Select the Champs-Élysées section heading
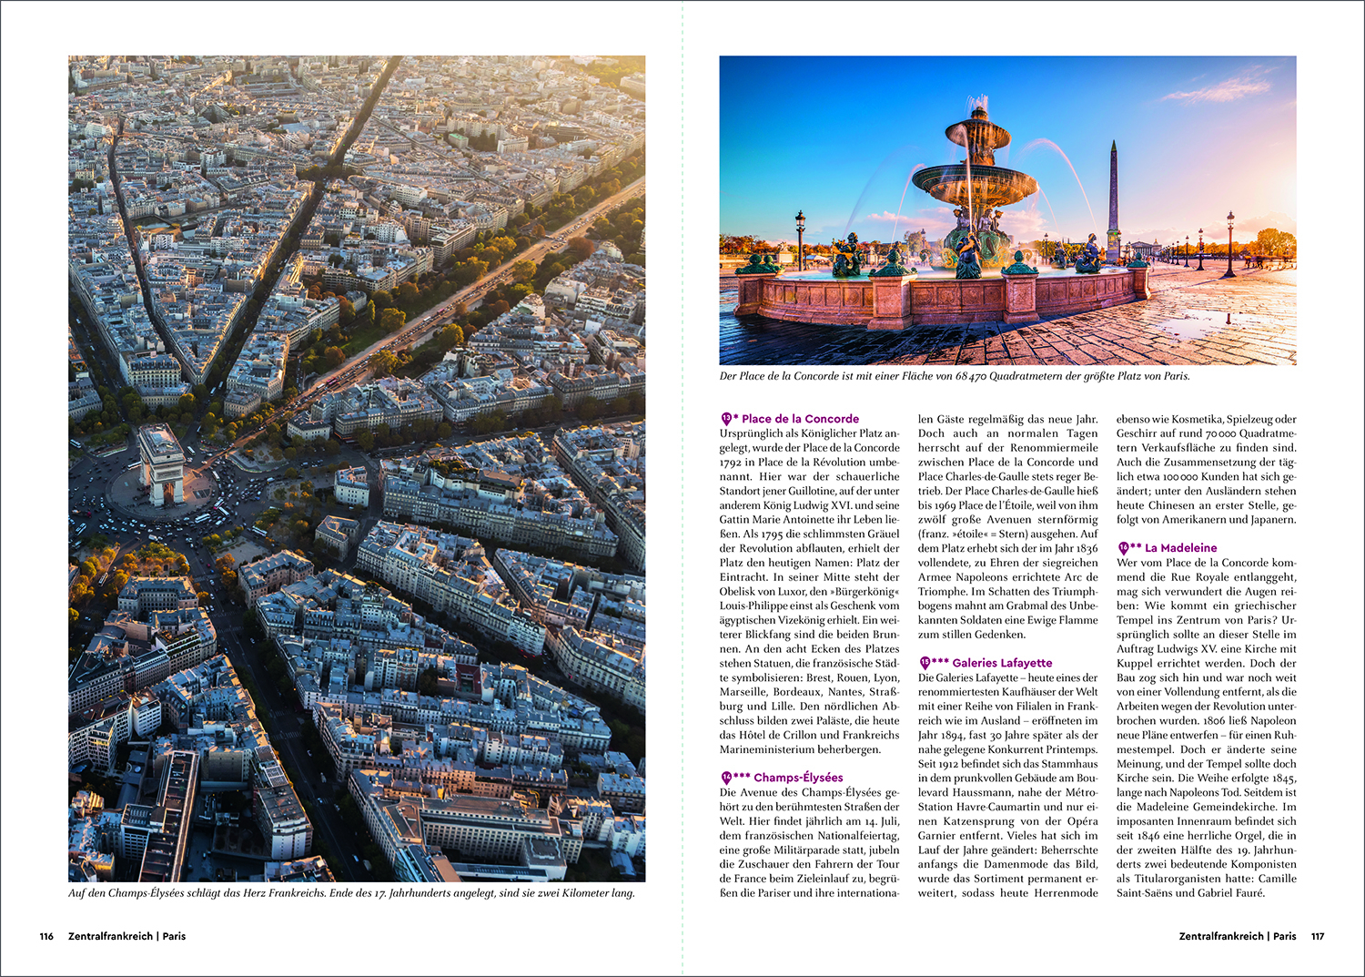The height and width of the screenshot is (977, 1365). click(798, 778)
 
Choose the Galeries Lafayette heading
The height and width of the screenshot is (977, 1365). click(1002, 663)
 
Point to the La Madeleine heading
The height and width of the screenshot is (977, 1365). click(1180, 548)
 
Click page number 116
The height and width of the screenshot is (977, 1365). click(46, 936)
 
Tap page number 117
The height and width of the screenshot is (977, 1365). click(1318, 936)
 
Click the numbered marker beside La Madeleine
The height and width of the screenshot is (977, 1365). click(1123, 548)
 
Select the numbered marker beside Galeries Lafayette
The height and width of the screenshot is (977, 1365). click(925, 663)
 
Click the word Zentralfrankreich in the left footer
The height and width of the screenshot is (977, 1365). click(110, 936)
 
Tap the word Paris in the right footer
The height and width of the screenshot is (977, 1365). click(1285, 936)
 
